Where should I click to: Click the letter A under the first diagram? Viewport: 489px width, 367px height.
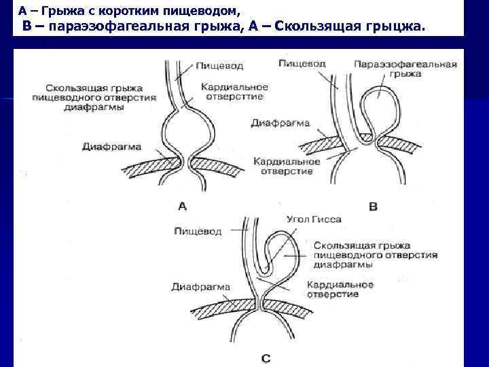pyautogui.click(x=181, y=205)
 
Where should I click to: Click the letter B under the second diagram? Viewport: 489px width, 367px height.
pyautogui.click(x=372, y=205)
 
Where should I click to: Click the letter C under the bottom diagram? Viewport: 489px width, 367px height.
pyautogui.click(x=266, y=356)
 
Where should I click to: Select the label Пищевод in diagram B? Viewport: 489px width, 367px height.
pyautogui.click(x=302, y=63)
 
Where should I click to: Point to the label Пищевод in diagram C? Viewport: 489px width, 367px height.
pyautogui.click(x=198, y=232)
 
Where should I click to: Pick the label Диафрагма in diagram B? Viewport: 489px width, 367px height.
pyautogui.click(x=280, y=124)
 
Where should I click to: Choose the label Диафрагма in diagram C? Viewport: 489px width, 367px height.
pyautogui.click(x=201, y=286)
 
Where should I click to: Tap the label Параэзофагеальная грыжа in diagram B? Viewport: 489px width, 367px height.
pyautogui.click(x=405, y=69)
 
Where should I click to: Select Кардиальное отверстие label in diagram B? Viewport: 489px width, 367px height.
pyautogui.click(x=285, y=166)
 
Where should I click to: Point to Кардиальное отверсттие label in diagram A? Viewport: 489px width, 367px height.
pyautogui.click(x=234, y=92)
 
